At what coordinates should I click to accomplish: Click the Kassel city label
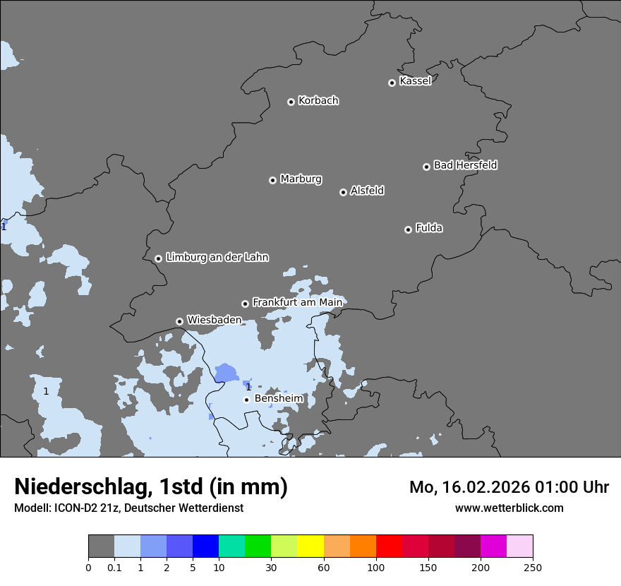415,81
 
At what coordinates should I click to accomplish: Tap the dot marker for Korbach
291,102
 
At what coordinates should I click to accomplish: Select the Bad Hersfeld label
465,165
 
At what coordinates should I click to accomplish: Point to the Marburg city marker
272,180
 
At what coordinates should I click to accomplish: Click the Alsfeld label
367,191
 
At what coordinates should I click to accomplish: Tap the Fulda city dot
408,229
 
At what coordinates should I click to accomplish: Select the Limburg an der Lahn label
217,258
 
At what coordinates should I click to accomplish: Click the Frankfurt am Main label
297,302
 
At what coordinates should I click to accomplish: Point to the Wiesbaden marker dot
180,321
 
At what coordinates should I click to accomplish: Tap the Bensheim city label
279,399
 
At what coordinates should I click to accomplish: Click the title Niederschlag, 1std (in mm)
151,486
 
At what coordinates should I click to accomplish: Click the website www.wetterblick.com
509,508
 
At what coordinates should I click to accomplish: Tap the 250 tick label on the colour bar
533,567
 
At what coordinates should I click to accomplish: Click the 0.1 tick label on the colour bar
114,567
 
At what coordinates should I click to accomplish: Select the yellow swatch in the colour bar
310,546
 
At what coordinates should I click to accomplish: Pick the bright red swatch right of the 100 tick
389,546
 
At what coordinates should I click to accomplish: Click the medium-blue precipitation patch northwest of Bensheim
227,372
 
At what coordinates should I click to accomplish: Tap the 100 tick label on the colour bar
376,567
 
